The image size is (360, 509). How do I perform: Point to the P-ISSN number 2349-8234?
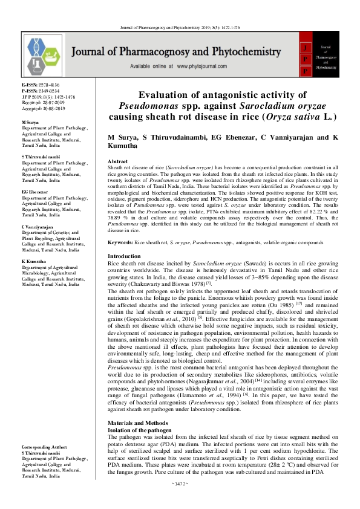(47, 91)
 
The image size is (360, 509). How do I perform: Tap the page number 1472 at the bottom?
(180, 501)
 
